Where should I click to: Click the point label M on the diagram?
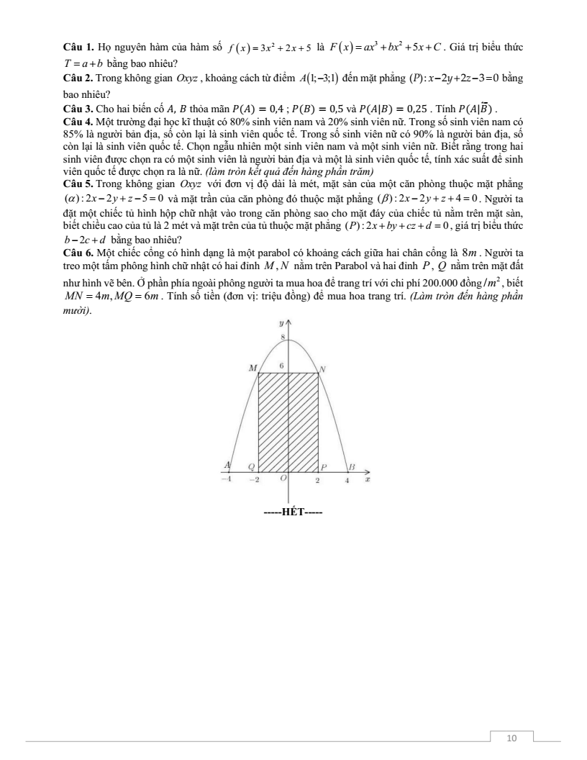click(x=252, y=368)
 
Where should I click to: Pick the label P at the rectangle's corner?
click(x=323, y=467)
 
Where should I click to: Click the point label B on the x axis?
click(x=352, y=466)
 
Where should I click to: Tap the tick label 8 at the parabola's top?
click(x=283, y=337)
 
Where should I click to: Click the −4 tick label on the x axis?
click(x=226, y=479)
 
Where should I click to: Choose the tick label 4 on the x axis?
click(x=347, y=480)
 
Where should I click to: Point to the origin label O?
click(x=283, y=478)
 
